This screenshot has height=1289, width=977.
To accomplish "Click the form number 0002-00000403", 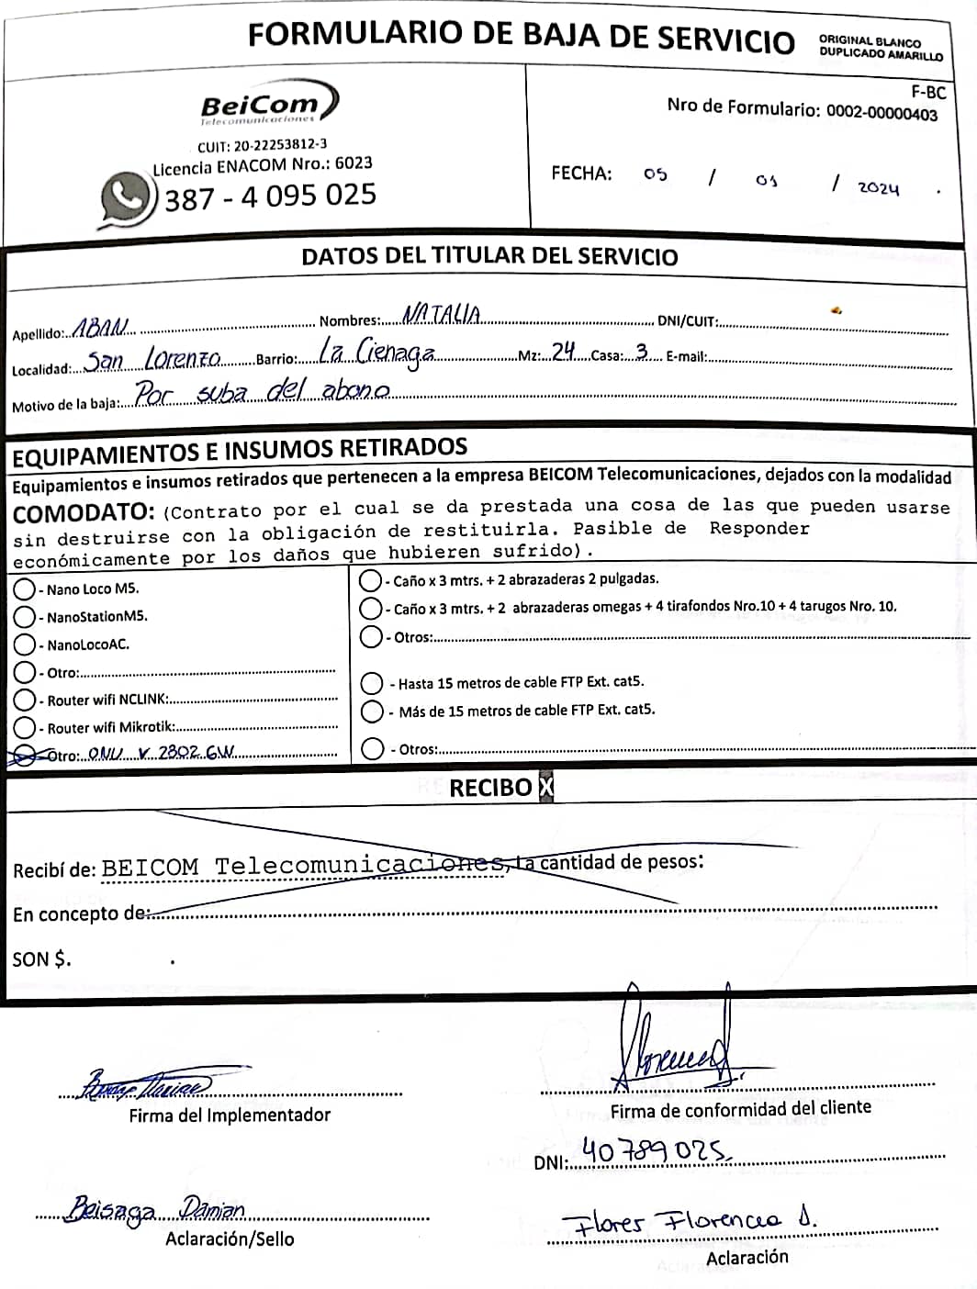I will point(882,113).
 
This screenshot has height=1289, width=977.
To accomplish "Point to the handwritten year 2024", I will point(878,188).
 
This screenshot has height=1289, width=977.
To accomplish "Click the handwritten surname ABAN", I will point(101,328).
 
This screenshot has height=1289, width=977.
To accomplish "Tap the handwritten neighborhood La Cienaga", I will point(376,352).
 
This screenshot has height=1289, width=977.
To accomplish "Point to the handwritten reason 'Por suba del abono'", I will point(263,393).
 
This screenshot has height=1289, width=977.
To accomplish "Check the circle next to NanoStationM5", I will point(25,616).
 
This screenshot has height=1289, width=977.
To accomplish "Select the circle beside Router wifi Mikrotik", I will point(25,727).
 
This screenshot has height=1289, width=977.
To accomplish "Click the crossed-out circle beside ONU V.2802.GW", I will point(25,755).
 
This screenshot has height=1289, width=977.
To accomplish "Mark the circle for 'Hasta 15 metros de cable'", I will point(372,683).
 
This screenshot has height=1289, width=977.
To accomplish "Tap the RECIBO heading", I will point(490,788).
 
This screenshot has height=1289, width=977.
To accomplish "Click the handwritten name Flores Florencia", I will point(688,1219).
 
